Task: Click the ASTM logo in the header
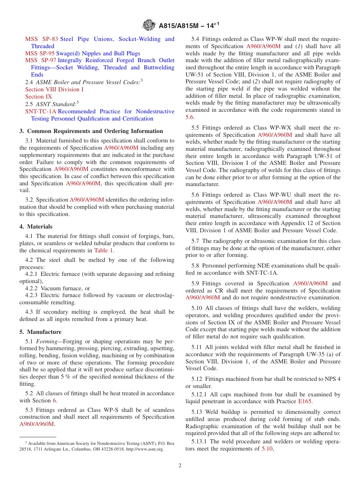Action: coord(149,25)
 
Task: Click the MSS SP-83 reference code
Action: coord(42,39)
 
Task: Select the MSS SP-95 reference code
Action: coord(40,53)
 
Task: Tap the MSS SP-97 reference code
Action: coord(41,60)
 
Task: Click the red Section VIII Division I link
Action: coord(54,89)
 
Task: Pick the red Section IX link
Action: coord(39,97)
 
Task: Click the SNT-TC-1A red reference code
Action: coord(41,111)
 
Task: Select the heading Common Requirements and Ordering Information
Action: coord(91,131)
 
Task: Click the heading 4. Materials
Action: coord(36,227)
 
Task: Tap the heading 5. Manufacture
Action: coord(40,332)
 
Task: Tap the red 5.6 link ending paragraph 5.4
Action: coord(189,117)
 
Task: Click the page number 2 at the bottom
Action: coord(180,466)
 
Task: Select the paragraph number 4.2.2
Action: coord(32,288)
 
